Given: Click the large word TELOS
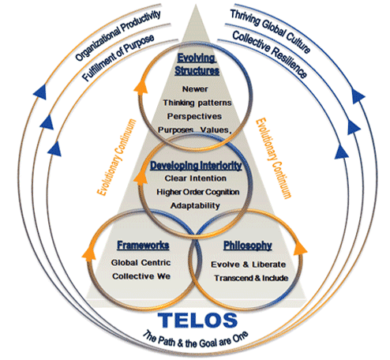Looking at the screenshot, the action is [x=197, y=320].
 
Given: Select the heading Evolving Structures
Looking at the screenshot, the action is [x=197, y=65].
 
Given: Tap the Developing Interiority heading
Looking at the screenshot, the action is [x=196, y=166].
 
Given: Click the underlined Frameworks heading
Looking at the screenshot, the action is [x=143, y=245].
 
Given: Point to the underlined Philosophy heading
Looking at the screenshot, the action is [x=248, y=246].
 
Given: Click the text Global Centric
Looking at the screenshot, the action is [x=141, y=263].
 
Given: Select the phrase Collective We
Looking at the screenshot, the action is [x=141, y=276].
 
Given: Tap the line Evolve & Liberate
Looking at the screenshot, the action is [x=248, y=264].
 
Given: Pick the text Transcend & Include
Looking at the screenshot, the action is [x=251, y=278].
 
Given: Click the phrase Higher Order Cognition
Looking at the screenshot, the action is [x=198, y=192].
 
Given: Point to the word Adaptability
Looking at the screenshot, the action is [x=195, y=205].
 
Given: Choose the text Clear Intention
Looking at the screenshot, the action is [x=196, y=178].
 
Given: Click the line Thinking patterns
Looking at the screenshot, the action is [x=197, y=103].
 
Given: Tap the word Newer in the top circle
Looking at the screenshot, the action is [x=195, y=89].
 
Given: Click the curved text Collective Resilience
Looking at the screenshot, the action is [x=270, y=53].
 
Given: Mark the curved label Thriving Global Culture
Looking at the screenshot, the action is [x=271, y=30].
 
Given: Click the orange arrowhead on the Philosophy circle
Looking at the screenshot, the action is [x=300, y=249].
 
